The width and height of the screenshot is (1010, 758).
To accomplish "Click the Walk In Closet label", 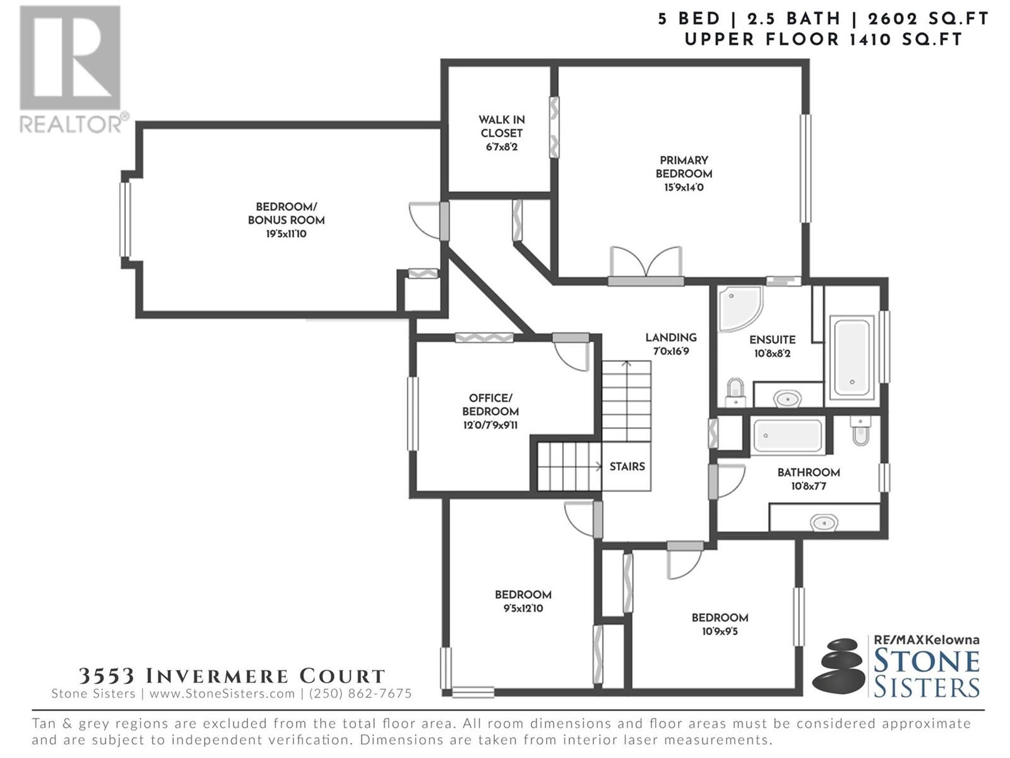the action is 502,133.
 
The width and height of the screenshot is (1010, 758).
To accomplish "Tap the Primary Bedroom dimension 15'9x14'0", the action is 684,188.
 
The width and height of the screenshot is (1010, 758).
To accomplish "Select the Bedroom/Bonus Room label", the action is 286,220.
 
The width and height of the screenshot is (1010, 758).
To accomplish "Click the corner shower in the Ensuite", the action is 740,308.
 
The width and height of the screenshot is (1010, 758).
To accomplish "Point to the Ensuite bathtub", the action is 852,358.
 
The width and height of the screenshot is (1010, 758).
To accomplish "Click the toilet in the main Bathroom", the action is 860,430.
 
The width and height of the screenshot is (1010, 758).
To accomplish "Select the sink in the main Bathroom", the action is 824,523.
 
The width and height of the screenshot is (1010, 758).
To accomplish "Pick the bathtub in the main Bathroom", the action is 788,435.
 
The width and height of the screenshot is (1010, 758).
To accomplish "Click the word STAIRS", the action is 627,467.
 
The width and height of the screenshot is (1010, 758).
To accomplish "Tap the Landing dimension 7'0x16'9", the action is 671,352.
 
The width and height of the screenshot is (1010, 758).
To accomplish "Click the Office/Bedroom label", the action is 490,405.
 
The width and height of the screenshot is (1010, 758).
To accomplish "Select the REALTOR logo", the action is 72,69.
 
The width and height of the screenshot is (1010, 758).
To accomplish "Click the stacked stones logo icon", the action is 838,667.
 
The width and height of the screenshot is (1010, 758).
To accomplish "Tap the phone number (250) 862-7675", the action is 360,694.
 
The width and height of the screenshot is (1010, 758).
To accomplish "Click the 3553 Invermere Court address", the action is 232,676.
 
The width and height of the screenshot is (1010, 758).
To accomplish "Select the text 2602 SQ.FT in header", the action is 928,19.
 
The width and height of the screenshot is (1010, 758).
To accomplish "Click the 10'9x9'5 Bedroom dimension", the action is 720,631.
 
